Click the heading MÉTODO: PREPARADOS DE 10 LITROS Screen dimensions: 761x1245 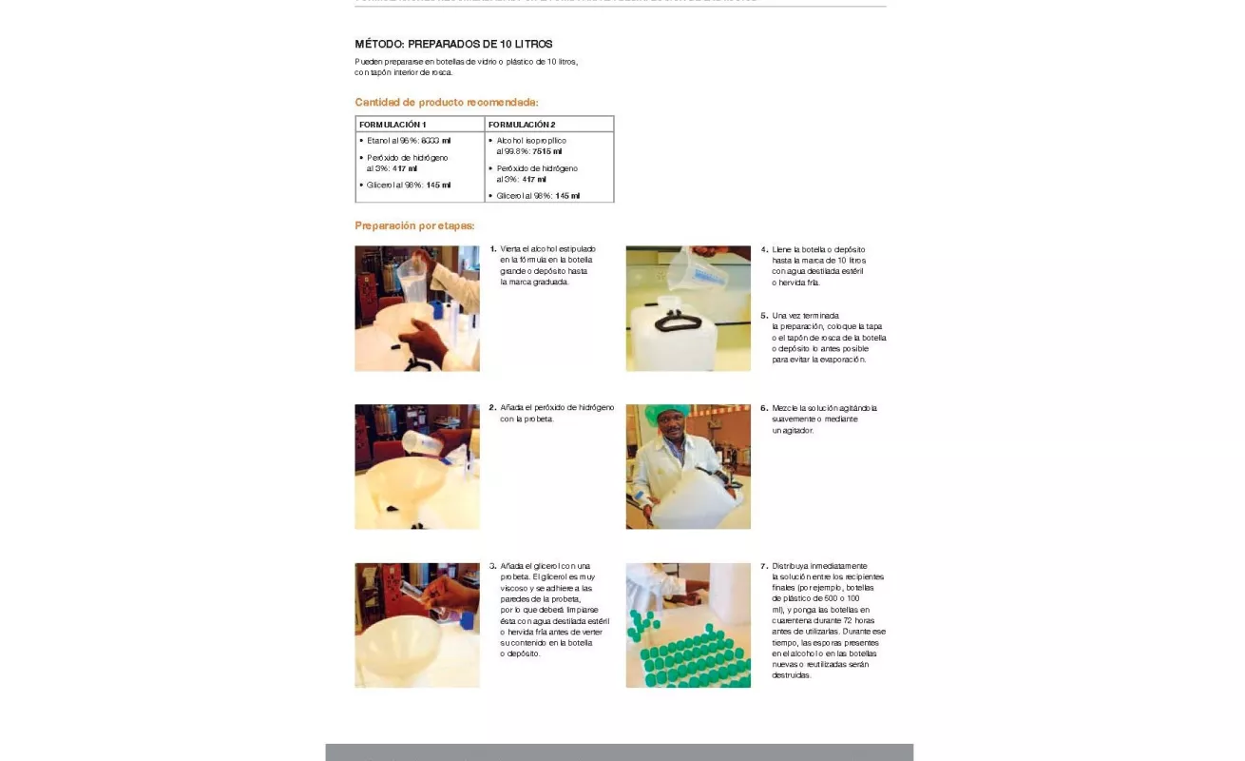pos(453,44)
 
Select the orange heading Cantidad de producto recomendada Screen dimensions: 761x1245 pos(447,102)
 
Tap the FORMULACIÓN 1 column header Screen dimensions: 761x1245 pos(393,125)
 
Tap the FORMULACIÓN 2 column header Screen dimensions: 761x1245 pos(522,125)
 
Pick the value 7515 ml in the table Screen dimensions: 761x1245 pos(546,151)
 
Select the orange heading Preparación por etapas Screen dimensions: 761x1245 pos(414,225)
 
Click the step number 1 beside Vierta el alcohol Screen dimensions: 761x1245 pos(493,249)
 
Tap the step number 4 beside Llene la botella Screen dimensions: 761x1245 pos(764,249)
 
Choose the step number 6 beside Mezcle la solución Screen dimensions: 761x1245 pos(764,408)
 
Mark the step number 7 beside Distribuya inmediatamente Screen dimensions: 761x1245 pos(764,566)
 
